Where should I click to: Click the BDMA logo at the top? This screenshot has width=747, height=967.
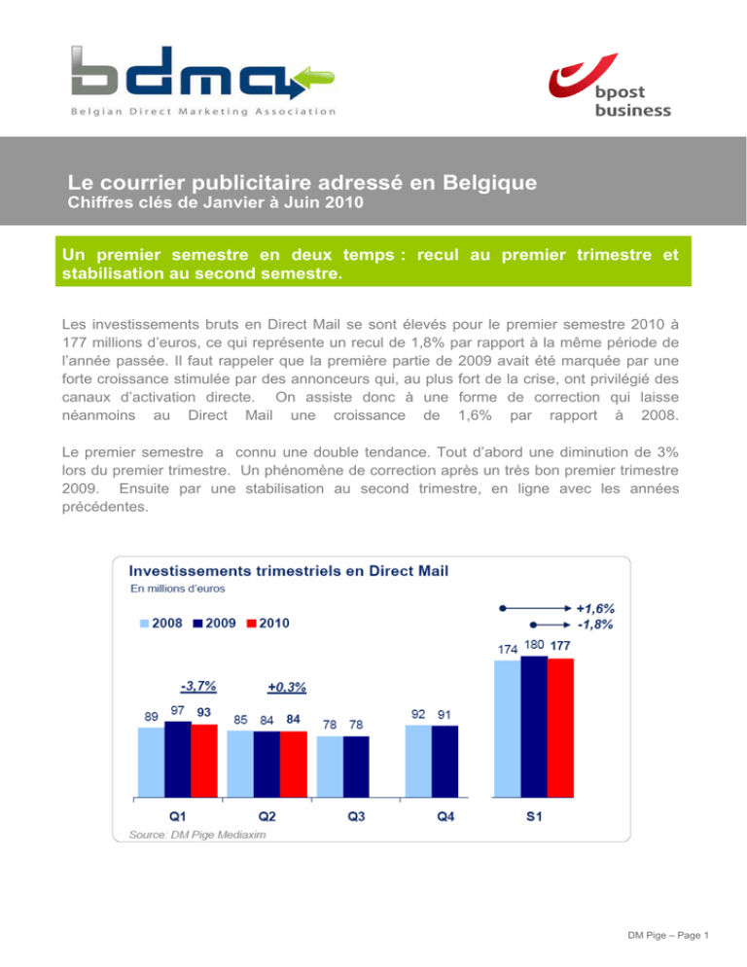pos(202,78)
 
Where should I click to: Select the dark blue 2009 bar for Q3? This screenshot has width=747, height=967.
pos(356,766)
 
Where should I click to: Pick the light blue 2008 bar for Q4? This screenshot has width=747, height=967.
pos(418,760)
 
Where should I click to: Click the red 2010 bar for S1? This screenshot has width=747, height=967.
pos(560,727)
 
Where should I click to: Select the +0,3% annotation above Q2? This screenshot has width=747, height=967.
pos(286,688)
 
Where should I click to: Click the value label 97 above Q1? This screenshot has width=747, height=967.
pos(179,712)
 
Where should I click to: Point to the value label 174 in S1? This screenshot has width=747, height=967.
pos(507,647)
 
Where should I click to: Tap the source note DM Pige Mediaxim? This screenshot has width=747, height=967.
pos(191,835)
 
